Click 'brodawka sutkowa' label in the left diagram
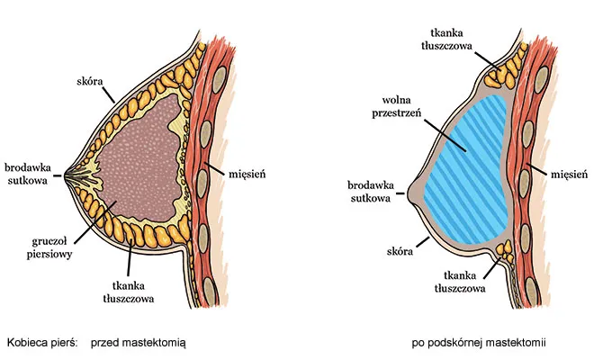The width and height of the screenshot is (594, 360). pos(29,174)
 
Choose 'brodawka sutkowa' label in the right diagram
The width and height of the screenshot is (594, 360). pos(369,192)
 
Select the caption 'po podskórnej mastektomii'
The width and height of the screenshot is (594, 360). pos(480,343)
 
